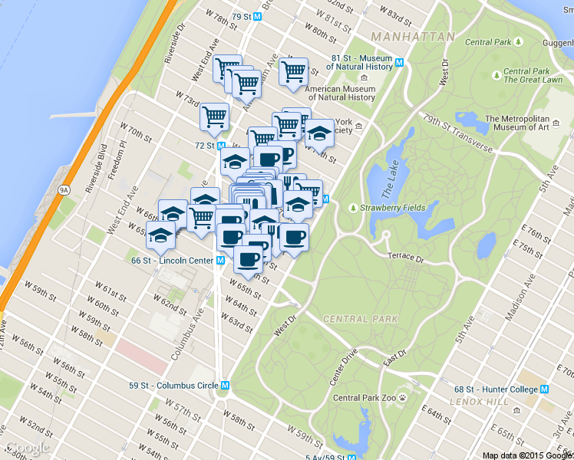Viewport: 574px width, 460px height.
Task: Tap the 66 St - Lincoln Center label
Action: click(x=172, y=261)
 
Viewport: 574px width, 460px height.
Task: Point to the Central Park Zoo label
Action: click(x=365, y=398)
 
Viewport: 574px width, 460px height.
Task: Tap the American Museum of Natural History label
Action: click(x=340, y=93)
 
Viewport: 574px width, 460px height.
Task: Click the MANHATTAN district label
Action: click(x=411, y=37)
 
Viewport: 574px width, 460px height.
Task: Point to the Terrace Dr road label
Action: click(x=406, y=257)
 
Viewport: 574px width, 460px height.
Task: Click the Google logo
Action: click(x=28, y=448)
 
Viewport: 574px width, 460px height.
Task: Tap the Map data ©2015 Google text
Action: click(x=526, y=455)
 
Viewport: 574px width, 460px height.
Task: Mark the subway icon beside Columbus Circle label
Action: click(x=225, y=386)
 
